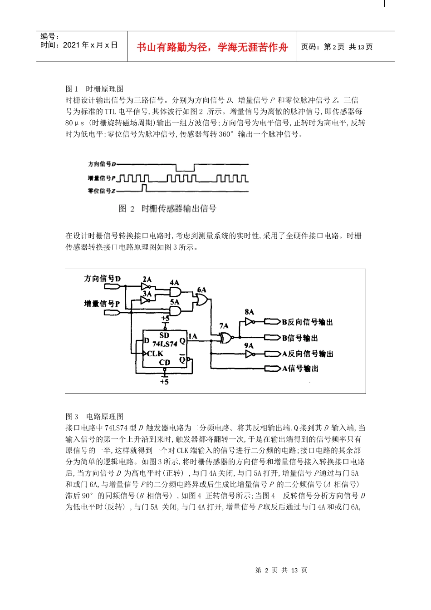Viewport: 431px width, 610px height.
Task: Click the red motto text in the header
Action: tap(212, 47)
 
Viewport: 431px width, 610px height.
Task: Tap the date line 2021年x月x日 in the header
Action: tap(79, 45)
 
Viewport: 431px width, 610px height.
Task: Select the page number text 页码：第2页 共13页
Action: tap(337, 47)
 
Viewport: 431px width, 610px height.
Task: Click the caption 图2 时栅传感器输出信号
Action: tap(167, 209)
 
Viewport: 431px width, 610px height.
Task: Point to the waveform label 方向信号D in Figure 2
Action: tap(102, 164)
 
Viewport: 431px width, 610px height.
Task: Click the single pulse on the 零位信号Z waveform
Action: tap(144, 188)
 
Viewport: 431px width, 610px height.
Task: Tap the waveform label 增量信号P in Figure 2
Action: tap(102, 178)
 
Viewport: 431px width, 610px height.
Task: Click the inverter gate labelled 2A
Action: tap(146, 287)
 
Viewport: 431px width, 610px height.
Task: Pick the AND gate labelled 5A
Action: tap(175, 310)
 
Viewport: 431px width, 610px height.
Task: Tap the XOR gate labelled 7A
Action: tap(225, 337)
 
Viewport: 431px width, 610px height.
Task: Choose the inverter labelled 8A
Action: tap(249, 322)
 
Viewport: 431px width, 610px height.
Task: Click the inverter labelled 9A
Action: tap(249, 354)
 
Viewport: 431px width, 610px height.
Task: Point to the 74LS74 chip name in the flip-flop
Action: tap(164, 344)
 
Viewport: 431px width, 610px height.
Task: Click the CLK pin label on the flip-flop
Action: tap(155, 354)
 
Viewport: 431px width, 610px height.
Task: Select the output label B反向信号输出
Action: tap(307, 322)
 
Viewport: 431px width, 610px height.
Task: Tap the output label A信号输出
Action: tap(300, 369)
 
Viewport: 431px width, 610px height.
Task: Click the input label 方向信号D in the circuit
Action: tap(103, 279)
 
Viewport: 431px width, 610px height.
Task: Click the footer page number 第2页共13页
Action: tap(281, 570)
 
